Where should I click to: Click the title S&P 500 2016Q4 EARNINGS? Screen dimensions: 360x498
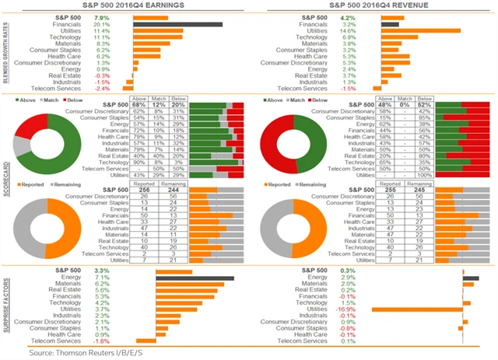(127, 5)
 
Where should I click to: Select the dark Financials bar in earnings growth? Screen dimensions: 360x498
(177, 24)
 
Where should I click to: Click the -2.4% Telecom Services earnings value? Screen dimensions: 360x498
(102, 88)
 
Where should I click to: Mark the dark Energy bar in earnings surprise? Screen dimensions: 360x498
(195, 278)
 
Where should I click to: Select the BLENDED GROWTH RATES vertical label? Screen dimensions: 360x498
(6, 51)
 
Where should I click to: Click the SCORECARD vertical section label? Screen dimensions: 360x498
(6, 179)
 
